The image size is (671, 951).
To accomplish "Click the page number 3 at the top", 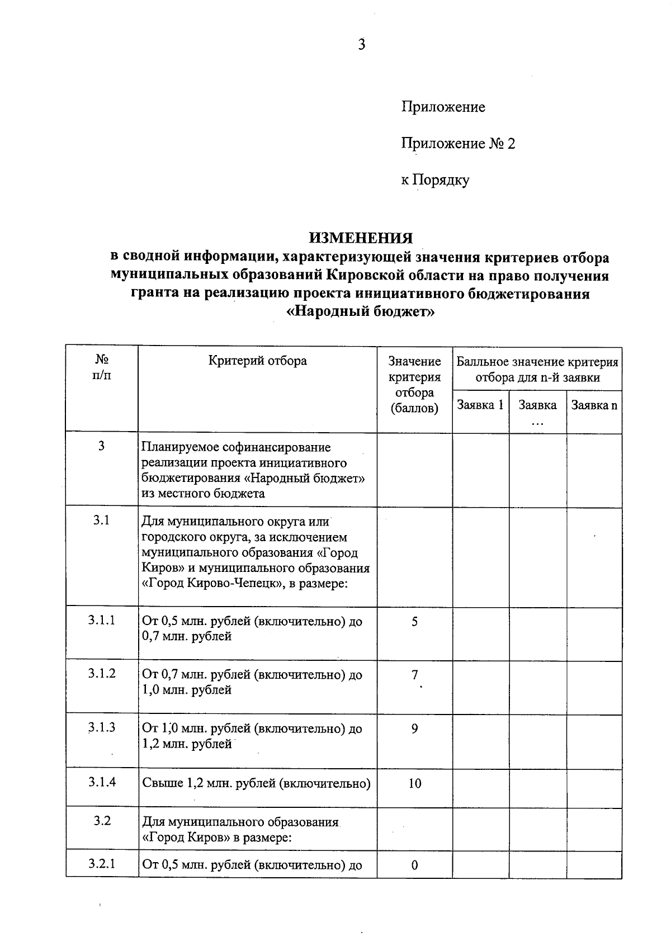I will coord(362,45).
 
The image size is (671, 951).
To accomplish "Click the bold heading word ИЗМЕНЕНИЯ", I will coord(361,238).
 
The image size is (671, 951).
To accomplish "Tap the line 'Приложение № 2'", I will coord(458,144).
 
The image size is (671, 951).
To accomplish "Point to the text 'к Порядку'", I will coord(435,180).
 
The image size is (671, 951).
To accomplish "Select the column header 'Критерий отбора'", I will coord(258,361).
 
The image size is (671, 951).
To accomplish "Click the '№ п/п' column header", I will coord(102,367).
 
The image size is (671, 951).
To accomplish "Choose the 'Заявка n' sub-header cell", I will coord(594,405).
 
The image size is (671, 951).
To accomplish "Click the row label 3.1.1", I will coord(102,620).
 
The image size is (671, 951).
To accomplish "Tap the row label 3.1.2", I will coord(102,673).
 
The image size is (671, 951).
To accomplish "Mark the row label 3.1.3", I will coord(102,727).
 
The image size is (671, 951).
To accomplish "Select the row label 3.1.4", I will coord(102,782).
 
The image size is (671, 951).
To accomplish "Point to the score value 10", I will coord(414,783).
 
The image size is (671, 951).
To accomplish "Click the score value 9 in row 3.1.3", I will coord(414,728).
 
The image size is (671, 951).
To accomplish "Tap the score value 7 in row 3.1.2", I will coord(414,675).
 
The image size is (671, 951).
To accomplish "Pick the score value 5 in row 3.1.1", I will coord(414,622).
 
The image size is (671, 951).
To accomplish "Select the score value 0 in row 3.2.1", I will coord(414,865).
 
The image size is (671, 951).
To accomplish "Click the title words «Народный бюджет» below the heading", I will coord(361,311).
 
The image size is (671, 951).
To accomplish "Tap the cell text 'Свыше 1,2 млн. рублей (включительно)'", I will coord(257,783).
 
